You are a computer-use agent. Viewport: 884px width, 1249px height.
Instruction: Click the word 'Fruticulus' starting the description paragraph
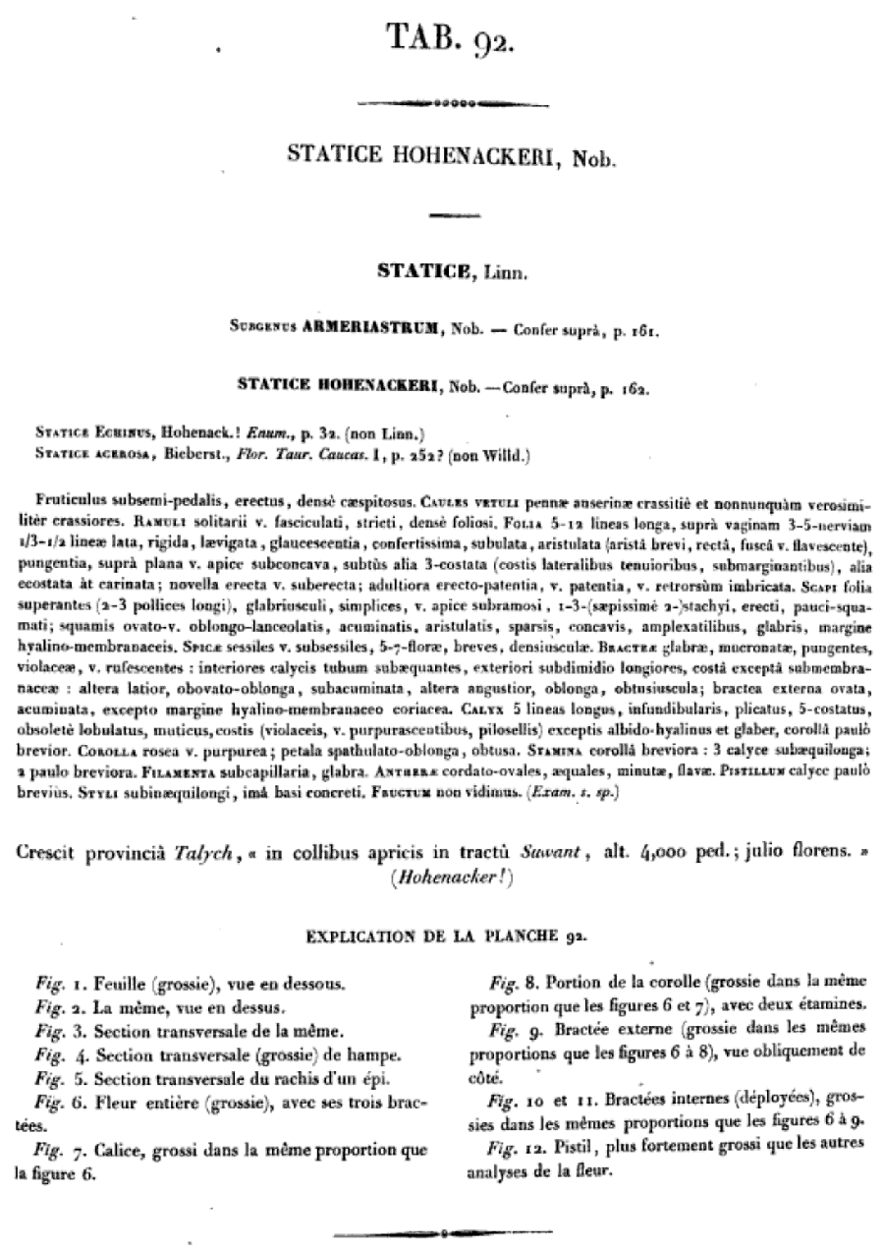[64, 498]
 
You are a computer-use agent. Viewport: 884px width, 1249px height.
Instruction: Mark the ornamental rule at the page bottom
[442, 1230]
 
